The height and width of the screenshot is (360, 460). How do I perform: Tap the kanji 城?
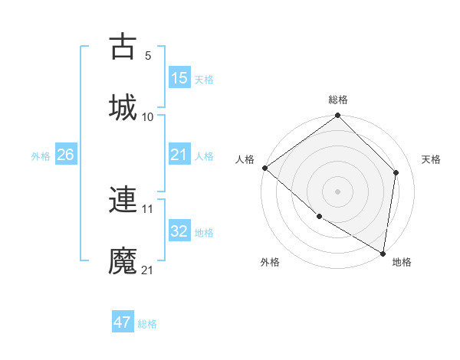(x=123, y=106)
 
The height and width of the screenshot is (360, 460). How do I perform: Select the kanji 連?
(x=123, y=201)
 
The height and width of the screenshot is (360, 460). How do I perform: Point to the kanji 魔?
(x=123, y=261)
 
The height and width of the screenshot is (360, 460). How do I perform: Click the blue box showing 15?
(x=179, y=78)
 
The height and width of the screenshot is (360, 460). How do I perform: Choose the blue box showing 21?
(x=179, y=155)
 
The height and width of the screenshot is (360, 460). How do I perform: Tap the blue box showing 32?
(x=179, y=232)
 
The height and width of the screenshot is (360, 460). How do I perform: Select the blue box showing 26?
(x=65, y=155)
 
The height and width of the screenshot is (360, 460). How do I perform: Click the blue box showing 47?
(x=123, y=322)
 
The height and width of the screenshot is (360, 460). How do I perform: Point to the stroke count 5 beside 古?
(x=148, y=55)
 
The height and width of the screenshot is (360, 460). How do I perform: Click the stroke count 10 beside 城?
(x=148, y=116)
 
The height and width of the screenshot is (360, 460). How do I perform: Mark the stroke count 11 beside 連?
(x=148, y=208)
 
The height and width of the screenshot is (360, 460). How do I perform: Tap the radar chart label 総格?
(x=338, y=100)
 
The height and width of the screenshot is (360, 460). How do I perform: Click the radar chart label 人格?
(x=245, y=159)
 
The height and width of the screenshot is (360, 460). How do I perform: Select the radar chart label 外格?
(x=269, y=262)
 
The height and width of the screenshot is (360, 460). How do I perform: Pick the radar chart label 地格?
(x=402, y=262)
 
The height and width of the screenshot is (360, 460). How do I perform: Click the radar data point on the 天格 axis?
(x=396, y=172)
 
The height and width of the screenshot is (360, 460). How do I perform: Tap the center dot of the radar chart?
(x=337, y=191)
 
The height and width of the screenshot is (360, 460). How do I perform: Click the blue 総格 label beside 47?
(x=147, y=324)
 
